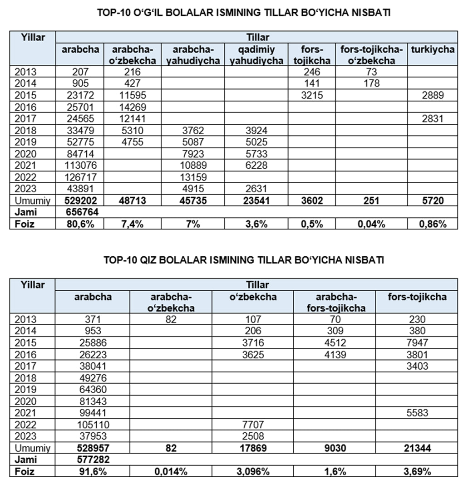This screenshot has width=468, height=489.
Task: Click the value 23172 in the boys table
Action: click(x=80, y=95)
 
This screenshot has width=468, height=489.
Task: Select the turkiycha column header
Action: click(x=432, y=50)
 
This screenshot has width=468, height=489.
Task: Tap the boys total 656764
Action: click(x=80, y=211)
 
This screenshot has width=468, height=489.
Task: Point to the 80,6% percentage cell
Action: click(x=80, y=223)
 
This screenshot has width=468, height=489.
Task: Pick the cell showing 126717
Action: click(x=80, y=177)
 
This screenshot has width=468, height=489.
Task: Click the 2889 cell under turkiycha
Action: click(x=432, y=95)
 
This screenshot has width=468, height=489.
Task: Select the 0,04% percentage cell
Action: click(x=371, y=223)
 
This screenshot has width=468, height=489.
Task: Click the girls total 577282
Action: click(x=93, y=460)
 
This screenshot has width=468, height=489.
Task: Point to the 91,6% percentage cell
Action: click(x=93, y=471)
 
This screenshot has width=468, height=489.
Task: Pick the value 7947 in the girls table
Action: click(x=416, y=342)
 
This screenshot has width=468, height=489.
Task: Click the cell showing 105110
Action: click(x=93, y=425)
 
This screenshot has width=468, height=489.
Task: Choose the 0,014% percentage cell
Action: click(x=171, y=471)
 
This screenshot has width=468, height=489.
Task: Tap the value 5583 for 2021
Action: click(x=416, y=413)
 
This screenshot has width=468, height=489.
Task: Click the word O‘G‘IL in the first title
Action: click(x=153, y=13)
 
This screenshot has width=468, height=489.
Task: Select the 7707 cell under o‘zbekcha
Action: click(x=253, y=425)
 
